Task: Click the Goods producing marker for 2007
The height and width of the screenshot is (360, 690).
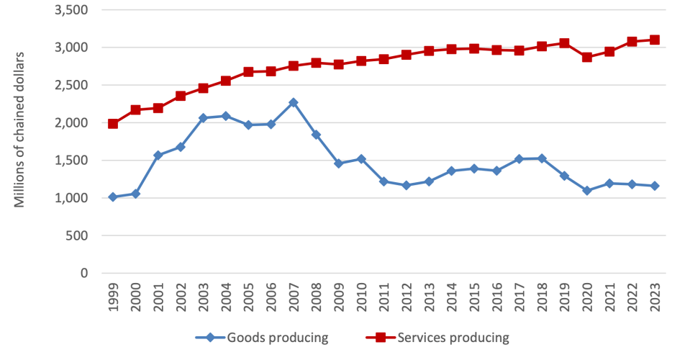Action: tap(293, 102)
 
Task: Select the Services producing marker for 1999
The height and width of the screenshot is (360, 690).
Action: tap(113, 124)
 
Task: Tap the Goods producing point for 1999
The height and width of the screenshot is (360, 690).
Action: tap(113, 197)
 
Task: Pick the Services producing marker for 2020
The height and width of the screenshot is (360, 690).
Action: tap(587, 57)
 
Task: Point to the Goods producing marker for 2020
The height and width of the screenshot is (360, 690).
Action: tap(587, 190)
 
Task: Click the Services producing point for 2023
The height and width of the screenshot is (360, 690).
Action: tap(655, 40)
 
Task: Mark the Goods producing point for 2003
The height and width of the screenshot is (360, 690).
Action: tap(203, 117)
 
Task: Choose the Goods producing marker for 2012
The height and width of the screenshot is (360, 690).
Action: tap(407, 185)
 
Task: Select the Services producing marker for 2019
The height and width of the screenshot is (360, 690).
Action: tap(564, 43)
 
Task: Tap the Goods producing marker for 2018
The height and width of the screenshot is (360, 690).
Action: tap(542, 158)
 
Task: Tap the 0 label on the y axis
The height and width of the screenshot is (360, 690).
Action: tap(84, 273)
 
